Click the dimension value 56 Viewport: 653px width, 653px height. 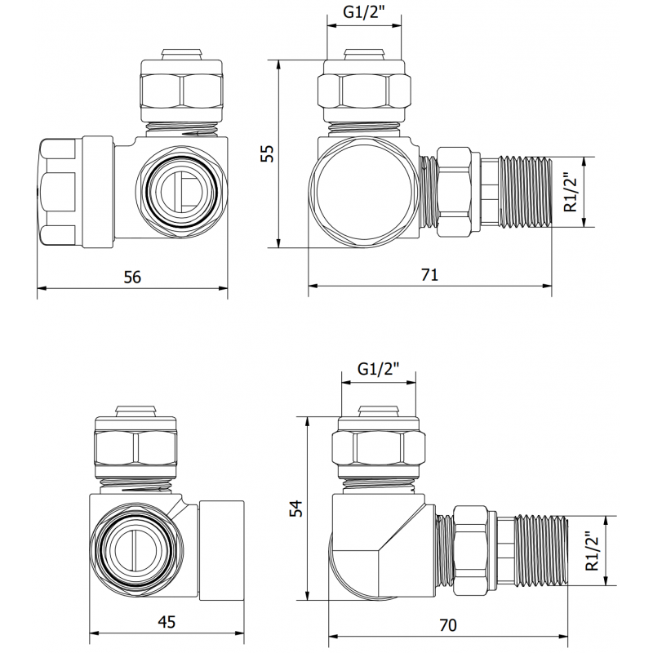point(132,278)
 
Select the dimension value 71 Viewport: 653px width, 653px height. point(430,275)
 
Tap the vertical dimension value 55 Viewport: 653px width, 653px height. point(267,153)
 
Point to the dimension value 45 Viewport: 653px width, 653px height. point(166,622)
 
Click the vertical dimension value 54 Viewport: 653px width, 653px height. point(295,508)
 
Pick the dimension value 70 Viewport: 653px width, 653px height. point(447,625)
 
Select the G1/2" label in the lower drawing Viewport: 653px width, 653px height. point(377,369)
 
